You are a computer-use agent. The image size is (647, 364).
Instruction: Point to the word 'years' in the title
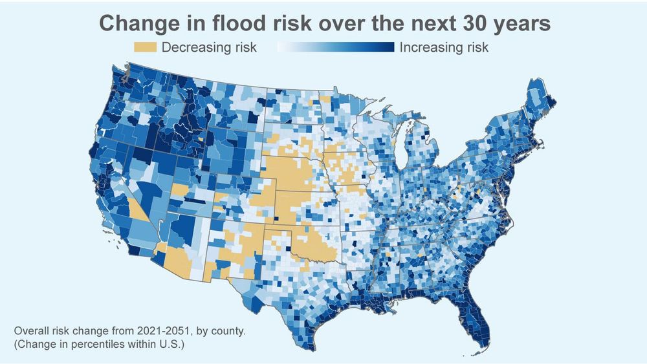click(523, 23)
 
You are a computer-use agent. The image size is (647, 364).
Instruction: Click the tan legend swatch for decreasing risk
click(145, 48)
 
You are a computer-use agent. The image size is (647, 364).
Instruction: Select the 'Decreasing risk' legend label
click(209, 48)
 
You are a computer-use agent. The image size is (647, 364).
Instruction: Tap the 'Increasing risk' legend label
click(444, 48)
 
